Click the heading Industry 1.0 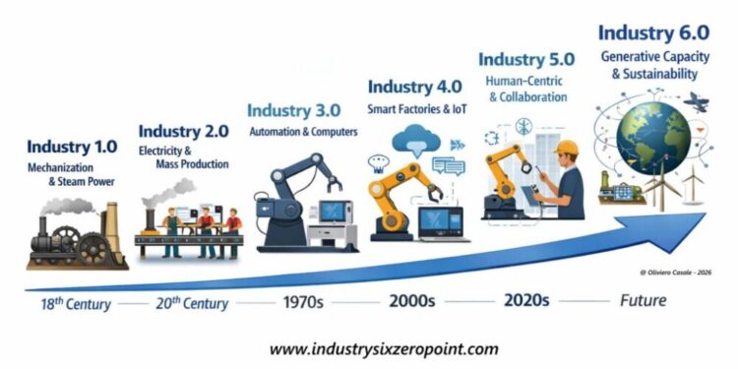pos(72,148)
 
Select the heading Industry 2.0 pos(183,131)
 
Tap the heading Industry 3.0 pos(294,110)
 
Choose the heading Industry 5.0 pos(524,61)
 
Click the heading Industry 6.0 pos(648,33)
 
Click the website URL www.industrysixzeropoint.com pos(384,348)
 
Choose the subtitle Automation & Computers pos(303,131)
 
